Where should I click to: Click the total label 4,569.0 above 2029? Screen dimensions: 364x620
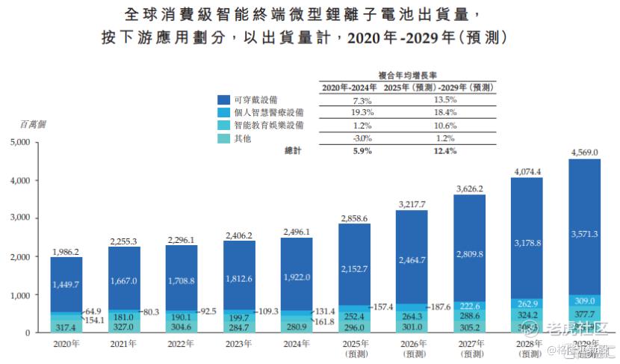coord(584,152)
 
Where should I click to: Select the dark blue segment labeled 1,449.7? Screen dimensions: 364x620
coord(66,285)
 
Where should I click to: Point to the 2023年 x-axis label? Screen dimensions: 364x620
coord(239,345)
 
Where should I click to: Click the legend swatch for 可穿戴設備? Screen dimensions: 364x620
coord(223,99)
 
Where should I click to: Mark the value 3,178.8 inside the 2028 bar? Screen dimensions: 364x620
coord(527,243)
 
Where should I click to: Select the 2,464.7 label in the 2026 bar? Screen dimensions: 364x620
coord(412,260)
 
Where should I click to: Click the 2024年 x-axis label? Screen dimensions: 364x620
coord(297,345)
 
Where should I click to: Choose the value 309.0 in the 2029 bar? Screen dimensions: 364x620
coord(585,300)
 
